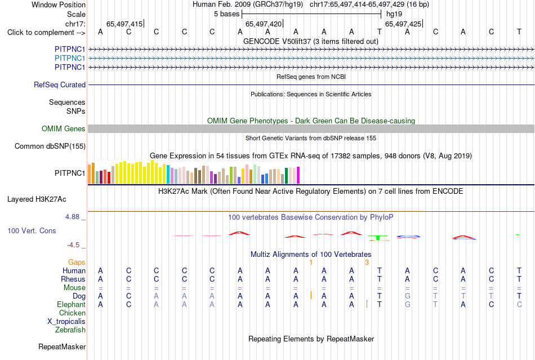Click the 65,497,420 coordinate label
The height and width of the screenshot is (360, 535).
(264, 24)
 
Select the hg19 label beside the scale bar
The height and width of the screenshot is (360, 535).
(394, 14)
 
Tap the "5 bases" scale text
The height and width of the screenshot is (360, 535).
(226, 14)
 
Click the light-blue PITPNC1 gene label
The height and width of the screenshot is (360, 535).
(70, 59)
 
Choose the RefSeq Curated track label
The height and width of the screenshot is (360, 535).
(60, 85)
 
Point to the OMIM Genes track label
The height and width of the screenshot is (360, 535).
(64, 128)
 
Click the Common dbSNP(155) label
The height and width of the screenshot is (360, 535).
(50, 146)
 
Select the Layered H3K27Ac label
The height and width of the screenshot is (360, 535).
(37, 199)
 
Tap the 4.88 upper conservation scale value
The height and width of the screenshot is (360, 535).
(72, 217)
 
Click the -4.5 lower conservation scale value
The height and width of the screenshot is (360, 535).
(73, 245)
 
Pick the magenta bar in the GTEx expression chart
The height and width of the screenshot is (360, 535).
(298, 175)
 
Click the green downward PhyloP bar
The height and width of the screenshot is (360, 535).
(378, 238)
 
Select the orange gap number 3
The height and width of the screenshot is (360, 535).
(367, 263)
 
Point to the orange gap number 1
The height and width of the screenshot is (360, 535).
(311, 263)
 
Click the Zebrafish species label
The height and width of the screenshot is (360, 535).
(70, 330)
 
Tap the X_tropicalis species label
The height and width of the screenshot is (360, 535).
(66, 322)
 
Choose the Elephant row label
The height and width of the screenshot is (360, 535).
(71, 304)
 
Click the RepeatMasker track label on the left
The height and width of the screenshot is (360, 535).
(62, 346)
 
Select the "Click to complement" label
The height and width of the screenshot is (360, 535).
(46, 33)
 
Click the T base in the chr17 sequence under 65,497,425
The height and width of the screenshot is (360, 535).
(379, 32)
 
